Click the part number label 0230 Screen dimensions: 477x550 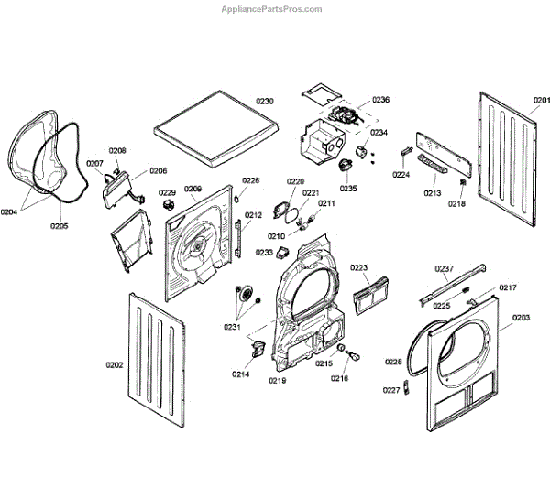pyautogui.click(x=265, y=101)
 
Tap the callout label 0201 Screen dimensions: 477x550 pyautogui.click(x=541, y=100)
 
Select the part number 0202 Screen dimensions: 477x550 pyautogui.click(x=115, y=365)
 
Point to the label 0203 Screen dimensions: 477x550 pyautogui.click(x=521, y=317)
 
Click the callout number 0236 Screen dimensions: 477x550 pyautogui.click(x=380, y=100)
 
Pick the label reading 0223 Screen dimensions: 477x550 pyautogui.click(x=358, y=268)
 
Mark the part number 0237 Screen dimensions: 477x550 pyautogui.click(x=444, y=268)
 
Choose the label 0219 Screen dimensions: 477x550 pyautogui.click(x=278, y=379)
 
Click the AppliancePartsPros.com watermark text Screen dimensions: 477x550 pyautogui.click(x=272, y=8)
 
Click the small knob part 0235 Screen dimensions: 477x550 pyautogui.click(x=346, y=164)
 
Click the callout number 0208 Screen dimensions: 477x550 pyautogui.click(x=117, y=151)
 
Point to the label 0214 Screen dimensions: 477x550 pyautogui.click(x=240, y=374)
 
